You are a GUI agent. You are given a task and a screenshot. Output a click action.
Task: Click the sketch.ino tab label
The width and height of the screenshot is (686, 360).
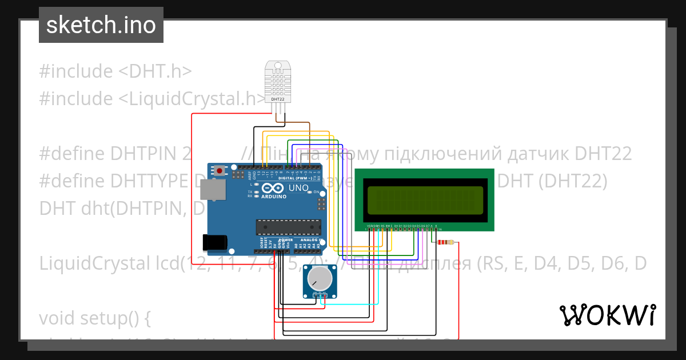point(101,25)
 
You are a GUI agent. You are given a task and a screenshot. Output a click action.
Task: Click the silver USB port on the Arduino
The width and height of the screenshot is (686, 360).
point(217,191)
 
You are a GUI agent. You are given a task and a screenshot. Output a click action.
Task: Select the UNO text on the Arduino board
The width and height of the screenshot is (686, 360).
point(298,188)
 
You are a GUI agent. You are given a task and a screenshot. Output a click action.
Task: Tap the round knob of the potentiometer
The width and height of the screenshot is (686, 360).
point(319,279)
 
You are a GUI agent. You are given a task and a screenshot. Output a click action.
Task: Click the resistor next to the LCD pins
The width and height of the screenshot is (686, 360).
point(445,242)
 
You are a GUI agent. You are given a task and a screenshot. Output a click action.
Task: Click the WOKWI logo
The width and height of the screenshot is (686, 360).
point(607,315)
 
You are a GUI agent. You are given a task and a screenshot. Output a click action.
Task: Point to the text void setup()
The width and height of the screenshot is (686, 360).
point(95,318)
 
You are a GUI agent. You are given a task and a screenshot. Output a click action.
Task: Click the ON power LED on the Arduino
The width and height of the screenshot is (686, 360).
point(312,192)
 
